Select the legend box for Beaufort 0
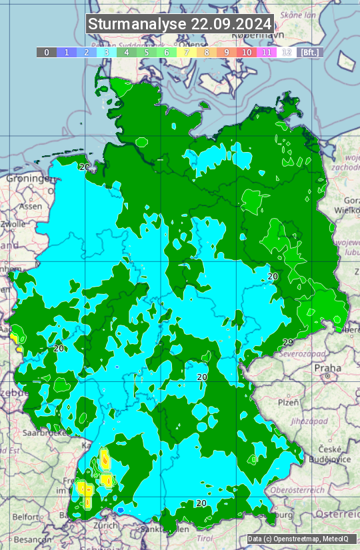[46, 52]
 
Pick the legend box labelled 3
[106, 52]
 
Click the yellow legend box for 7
[186, 52]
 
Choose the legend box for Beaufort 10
[246, 52]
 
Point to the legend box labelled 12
[286, 52]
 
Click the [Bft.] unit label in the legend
[310, 52]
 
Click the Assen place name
[31, 207]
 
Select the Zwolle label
[13, 225]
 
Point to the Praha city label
[327, 367]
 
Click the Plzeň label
[288, 403]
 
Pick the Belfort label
[26, 517]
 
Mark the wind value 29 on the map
[288, 343]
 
